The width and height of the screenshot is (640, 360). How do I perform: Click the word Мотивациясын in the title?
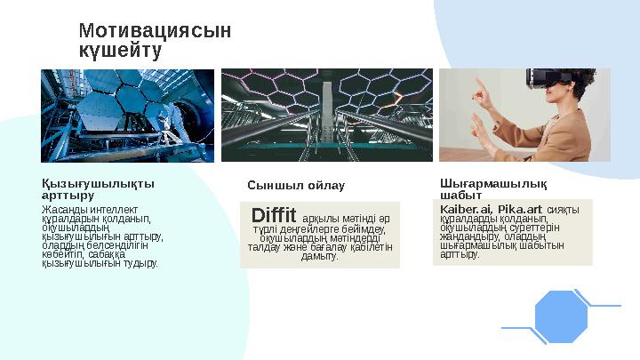(155, 31)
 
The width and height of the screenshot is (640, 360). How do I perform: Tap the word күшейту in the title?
(120, 51)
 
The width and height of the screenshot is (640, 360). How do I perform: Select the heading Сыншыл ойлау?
(295, 185)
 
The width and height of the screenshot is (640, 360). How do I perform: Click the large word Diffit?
(273, 216)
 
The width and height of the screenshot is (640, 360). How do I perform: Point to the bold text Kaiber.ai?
(467, 210)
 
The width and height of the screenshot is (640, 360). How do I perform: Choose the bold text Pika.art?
(520, 210)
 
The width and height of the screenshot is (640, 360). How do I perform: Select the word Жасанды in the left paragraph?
(61, 210)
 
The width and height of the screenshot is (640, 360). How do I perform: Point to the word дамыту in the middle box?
(320, 256)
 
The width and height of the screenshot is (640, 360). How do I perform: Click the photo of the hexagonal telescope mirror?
(127, 115)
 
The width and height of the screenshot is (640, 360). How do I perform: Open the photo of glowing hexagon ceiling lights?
(327, 115)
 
